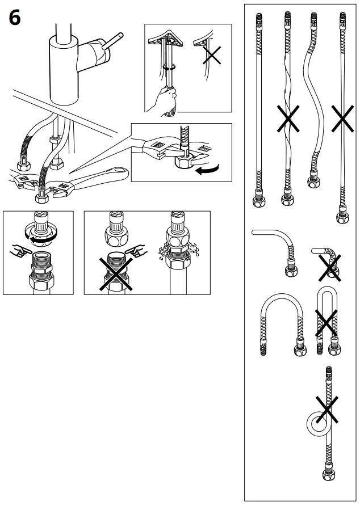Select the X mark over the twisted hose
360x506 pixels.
point(288,119)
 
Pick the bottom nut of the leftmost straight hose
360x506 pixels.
point(258,201)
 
